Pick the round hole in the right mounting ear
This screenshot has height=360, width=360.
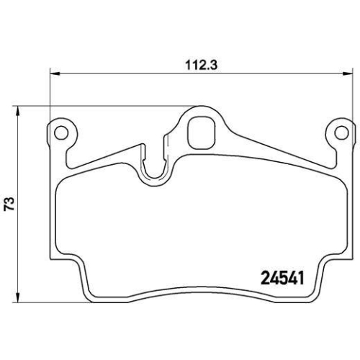click(340, 132)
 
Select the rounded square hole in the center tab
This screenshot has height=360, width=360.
click(200, 132)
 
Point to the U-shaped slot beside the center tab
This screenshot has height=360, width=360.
click(153, 166)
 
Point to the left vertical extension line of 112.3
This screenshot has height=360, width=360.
click(49, 94)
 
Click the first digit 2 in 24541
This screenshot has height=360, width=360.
click(264, 276)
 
